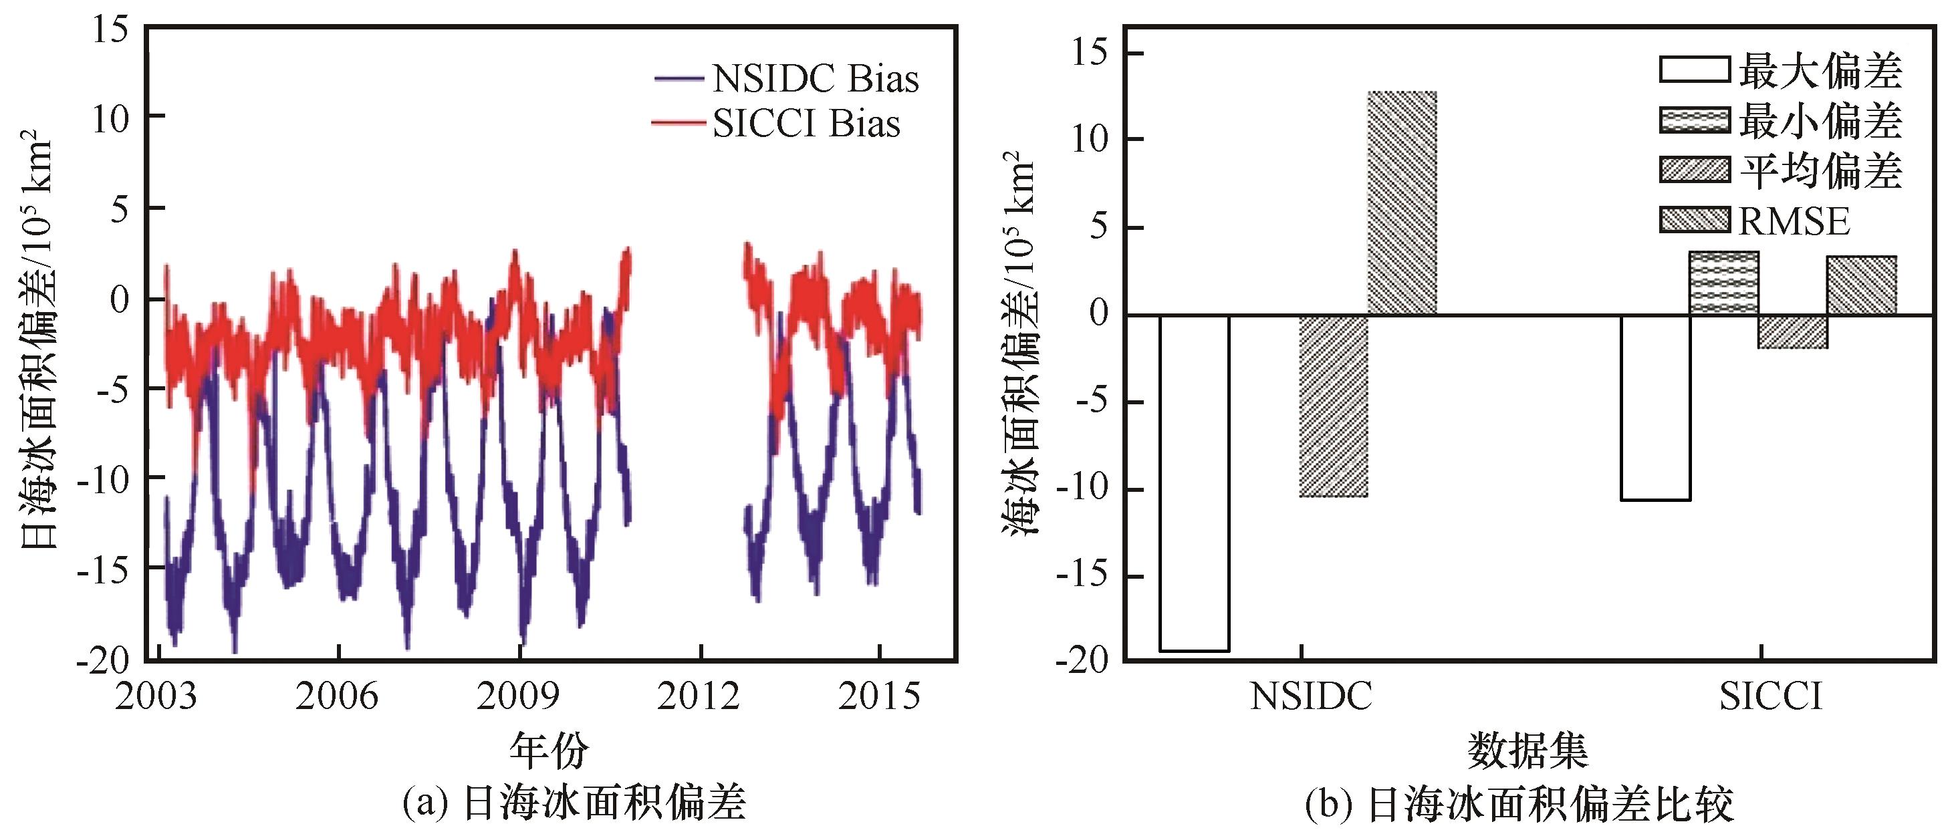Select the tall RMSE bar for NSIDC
1402,202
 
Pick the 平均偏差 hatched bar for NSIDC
1333,406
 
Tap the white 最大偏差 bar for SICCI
1655,407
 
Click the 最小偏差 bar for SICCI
1724,283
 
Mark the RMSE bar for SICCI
1862,285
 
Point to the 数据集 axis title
1528,750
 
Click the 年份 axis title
548,750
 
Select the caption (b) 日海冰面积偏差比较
1519,805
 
